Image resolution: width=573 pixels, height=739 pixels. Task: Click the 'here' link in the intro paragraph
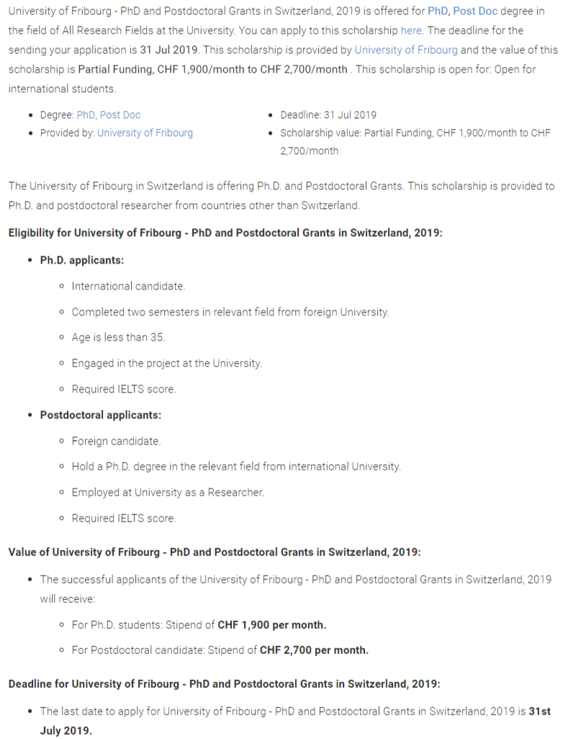pyautogui.click(x=411, y=31)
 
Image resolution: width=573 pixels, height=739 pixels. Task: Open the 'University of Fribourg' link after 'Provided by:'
pyautogui.click(x=145, y=133)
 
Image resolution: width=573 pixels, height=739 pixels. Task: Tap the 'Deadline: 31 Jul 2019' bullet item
pyautogui.click(x=328, y=115)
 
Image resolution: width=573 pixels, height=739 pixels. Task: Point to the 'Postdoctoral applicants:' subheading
pyautogui.click(x=101, y=415)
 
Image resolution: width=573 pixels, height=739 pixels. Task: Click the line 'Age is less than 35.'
pyautogui.click(x=118, y=337)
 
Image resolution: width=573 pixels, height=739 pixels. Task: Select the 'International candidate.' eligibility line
pyautogui.click(x=128, y=286)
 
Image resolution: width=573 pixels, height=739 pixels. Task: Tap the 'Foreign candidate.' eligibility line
pyautogui.click(x=116, y=441)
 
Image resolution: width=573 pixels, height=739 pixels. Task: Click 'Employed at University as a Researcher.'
pyautogui.click(x=168, y=493)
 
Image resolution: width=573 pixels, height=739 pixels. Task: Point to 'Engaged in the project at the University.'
pyautogui.click(x=166, y=363)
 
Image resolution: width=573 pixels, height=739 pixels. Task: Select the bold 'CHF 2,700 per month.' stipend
pyautogui.click(x=314, y=650)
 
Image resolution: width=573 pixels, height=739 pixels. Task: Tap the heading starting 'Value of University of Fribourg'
pyautogui.click(x=215, y=552)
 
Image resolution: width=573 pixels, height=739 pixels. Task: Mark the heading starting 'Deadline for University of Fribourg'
pyautogui.click(x=224, y=684)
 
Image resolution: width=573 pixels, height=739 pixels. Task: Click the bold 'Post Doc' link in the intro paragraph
pyautogui.click(x=475, y=12)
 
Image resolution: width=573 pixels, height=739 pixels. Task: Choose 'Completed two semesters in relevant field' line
pyautogui.click(x=230, y=312)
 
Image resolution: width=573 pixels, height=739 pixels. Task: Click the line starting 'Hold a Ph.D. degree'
pyautogui.click(x=236, y=467)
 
